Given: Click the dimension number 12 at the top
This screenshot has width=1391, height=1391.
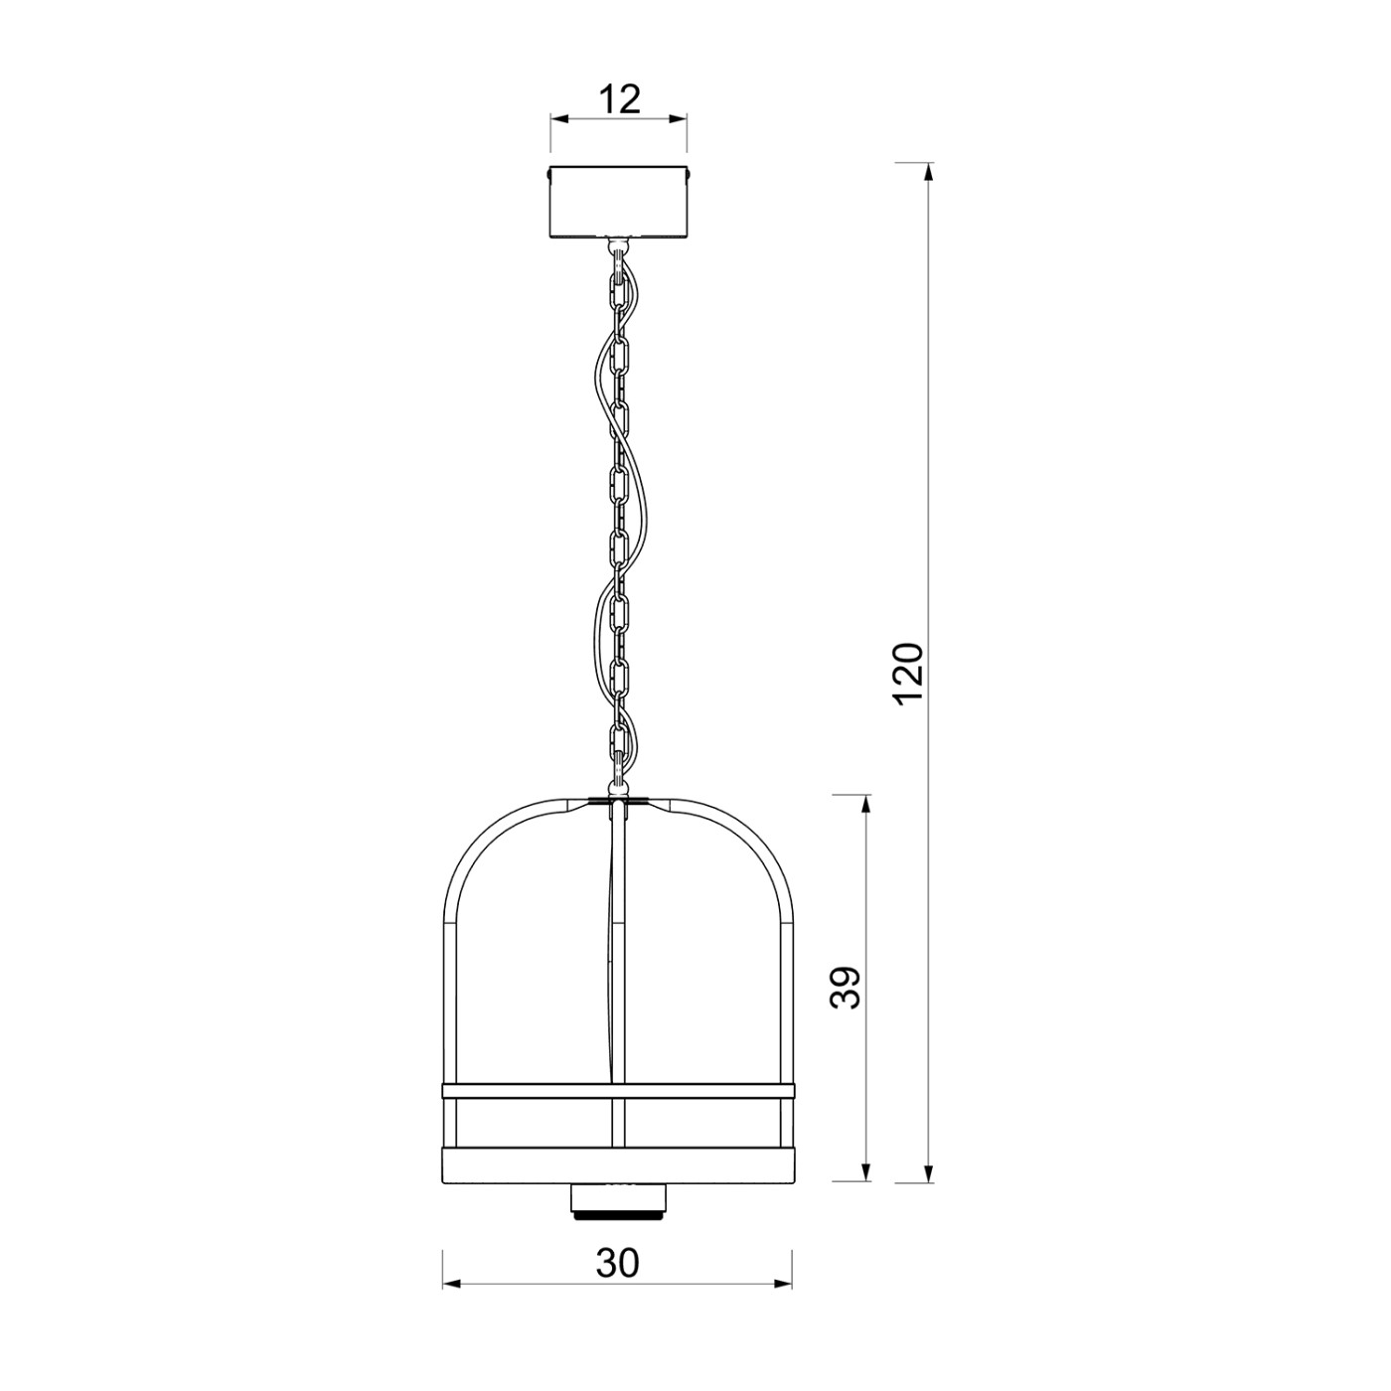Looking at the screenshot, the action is [620, 99].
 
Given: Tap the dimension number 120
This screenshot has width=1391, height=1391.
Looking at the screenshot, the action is [908, 672].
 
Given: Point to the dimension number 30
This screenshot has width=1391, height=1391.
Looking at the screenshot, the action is [618, 1263].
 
